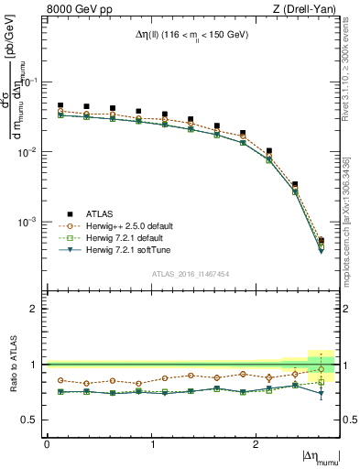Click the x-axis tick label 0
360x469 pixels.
coord(47,444)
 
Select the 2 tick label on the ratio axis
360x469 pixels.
coord(38,309)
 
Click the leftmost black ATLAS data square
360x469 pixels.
coord(60,106)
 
